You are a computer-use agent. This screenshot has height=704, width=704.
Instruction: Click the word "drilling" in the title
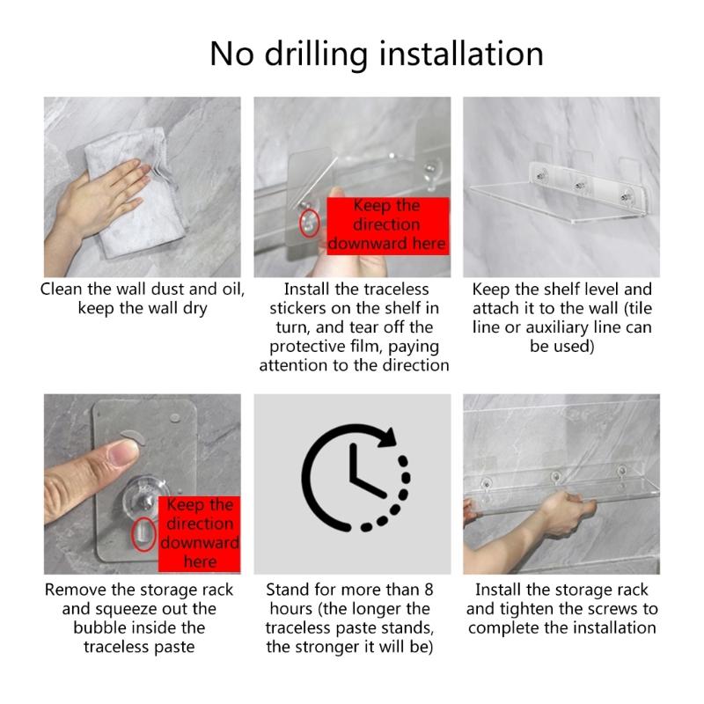pos(316,55)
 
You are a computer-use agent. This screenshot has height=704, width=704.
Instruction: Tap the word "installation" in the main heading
pos(461,54)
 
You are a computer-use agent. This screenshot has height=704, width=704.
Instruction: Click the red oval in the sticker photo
pos(310,224)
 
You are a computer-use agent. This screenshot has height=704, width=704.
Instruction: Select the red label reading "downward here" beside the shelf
pos(388,226)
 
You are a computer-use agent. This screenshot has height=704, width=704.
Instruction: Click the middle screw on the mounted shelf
pos(580,185)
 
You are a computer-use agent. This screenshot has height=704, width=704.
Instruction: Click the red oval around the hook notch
pos(143,534)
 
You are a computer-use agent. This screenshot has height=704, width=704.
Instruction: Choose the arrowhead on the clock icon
pos(387,436)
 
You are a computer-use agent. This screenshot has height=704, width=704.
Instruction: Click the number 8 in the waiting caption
pos(429,590)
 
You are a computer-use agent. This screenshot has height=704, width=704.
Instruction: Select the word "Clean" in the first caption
pos(62,290)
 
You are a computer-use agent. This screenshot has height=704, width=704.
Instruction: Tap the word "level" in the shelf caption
pos(600,290)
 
